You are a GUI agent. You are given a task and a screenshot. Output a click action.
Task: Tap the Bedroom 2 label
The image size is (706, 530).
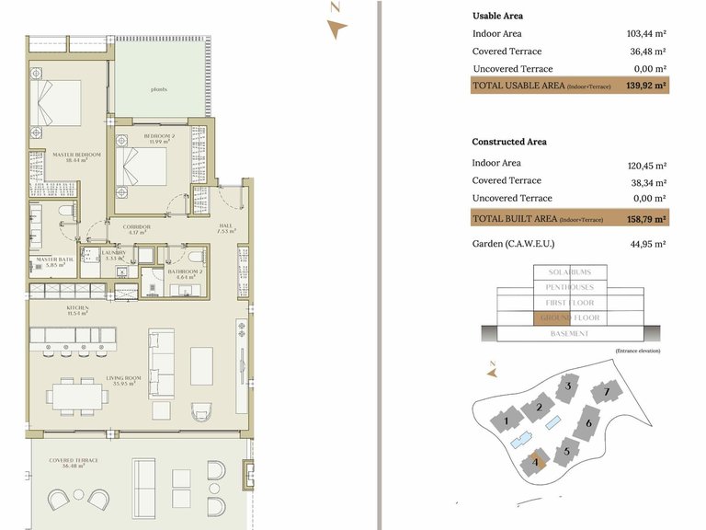[159, 137]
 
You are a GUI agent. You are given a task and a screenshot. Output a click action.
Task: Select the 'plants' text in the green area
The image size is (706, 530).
[159, 89]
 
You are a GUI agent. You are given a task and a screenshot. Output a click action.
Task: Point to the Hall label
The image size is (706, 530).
[226, 228]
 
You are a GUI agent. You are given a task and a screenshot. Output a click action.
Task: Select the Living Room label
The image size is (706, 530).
[120, 380]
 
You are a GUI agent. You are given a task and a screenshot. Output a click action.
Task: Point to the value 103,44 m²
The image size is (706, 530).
[645, 34]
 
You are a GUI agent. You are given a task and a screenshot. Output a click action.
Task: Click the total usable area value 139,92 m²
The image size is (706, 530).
[645, 86]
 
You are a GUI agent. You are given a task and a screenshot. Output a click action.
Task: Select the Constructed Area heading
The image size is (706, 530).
[508, 142]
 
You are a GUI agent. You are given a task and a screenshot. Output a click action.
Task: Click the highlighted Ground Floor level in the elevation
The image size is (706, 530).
[569, 318]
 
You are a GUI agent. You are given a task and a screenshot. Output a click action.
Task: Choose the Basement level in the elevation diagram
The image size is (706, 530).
[569, 333]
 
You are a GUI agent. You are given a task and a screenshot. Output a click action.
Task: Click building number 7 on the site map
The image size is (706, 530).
[607, 393]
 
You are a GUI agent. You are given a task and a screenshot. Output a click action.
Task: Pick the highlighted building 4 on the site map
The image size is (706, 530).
[536, 460]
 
